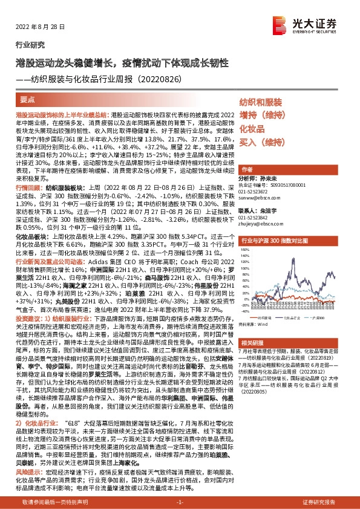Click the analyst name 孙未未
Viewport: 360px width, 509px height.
pyautogui.click(x=269, y=180)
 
